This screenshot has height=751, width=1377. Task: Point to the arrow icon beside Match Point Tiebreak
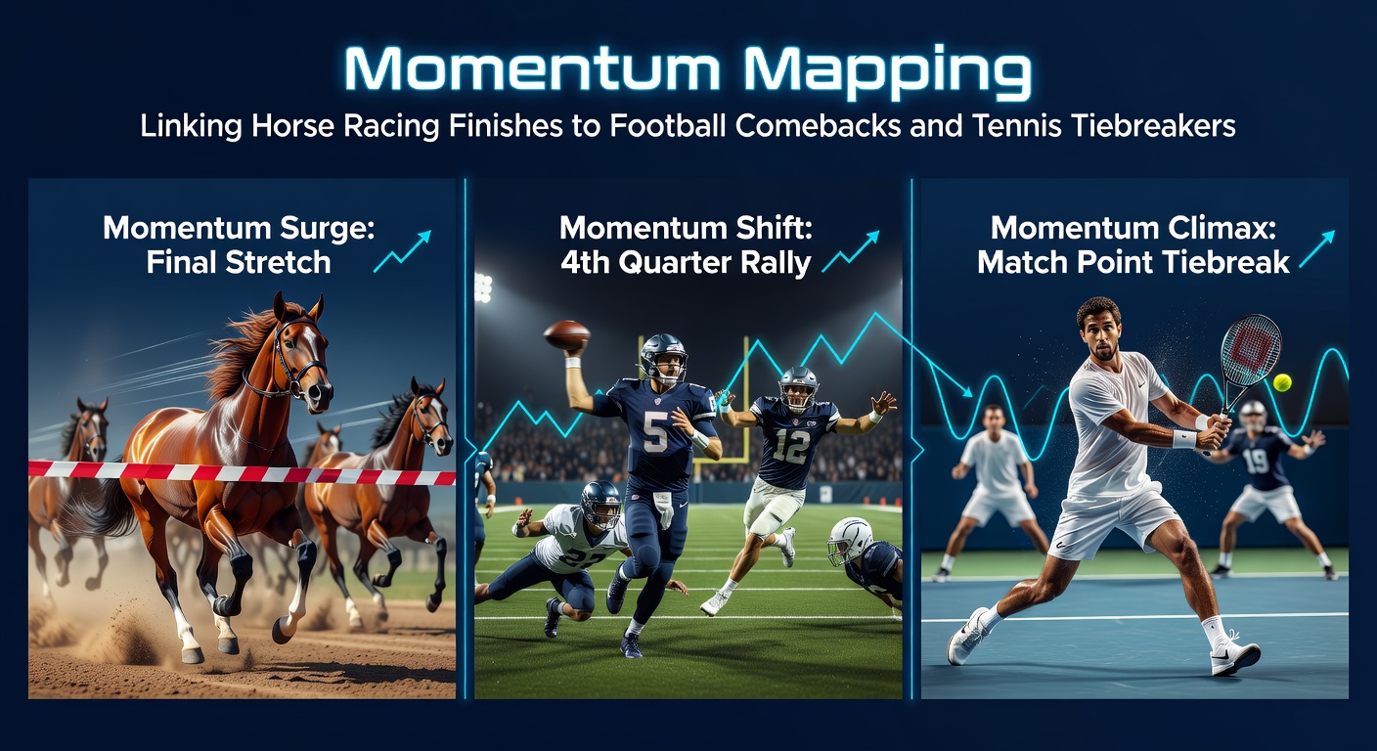(1316, 250)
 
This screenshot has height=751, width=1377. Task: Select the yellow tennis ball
(1281, 382)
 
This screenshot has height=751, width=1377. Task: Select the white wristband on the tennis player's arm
(1184, 439)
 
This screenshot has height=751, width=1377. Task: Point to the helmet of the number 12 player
(799, 385)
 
